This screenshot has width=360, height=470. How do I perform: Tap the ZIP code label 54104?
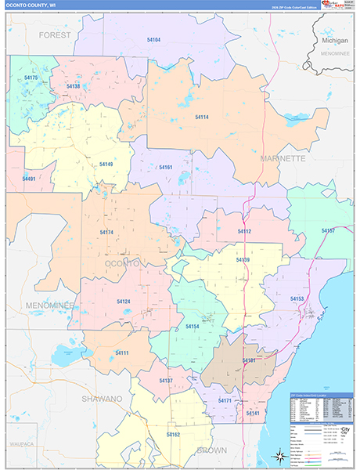pyautogui.click(x=153, y=39)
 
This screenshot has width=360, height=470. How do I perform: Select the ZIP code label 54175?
pyautogui.click(x=31, y=78)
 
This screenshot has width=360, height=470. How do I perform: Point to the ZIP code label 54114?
pyautogui.click(x=202, y=117)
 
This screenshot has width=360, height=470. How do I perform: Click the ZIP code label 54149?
pyautogui.click(x=106, y=164)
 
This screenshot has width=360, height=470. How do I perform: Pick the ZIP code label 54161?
pyautogui.click(x=165, y=167)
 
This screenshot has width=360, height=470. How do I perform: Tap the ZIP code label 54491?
pyautogui.click(x=29, y=179)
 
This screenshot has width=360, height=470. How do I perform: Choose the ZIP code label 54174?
pyautogui.click(x=106, y=232)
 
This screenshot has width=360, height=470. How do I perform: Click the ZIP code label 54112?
pyautogui.click(x=244, y=231)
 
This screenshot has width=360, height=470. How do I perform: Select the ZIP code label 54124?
pyautogui.click(x=124, y=302)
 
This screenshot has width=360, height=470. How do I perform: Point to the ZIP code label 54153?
pyautogui.click(x=297, y=299)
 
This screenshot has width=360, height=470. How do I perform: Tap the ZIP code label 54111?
pyautogui.click(x=121, y=353)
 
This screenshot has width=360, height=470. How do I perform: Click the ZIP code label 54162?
pyautogui.click(x=173, y=433)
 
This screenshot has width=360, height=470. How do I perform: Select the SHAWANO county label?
pyautogui.click(x=102, y=399)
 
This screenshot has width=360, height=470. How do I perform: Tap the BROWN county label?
pyautogui.click(x=211, y=450)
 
